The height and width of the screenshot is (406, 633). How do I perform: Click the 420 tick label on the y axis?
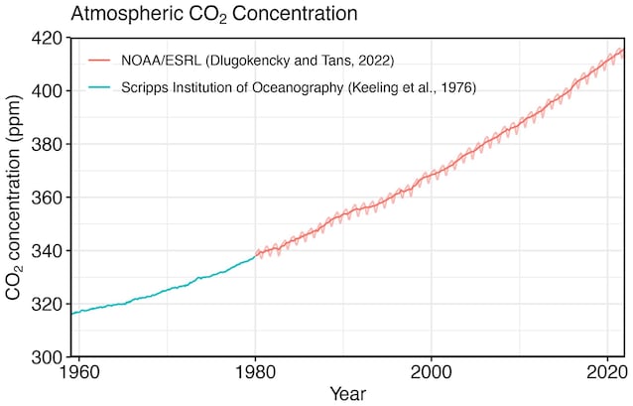[47, 38]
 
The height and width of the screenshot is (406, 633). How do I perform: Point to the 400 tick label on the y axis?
[47, 91]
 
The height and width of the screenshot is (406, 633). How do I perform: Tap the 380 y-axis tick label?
[47, 144]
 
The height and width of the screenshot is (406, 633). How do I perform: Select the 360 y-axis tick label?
[47, 198]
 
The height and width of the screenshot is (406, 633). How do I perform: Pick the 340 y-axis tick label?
[47, 251]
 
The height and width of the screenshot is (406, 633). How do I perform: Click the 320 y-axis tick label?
[47, 304]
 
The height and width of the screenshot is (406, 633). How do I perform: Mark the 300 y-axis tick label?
[47, 357]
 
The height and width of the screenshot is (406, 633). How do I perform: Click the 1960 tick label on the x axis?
[78, 372]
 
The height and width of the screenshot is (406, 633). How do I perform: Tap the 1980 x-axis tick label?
[255, 372]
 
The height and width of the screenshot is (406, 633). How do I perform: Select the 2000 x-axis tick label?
[432, 372]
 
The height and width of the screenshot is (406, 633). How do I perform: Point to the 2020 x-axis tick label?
[607, 372]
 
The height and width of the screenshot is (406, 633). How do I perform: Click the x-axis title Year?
[348, 393]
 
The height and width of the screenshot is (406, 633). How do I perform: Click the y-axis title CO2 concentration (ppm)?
[13, 198]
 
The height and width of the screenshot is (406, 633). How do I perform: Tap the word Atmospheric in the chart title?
[126, 14]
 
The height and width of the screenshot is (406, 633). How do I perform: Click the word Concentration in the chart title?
[295, 13]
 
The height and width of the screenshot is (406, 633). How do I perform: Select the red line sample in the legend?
[99, 61]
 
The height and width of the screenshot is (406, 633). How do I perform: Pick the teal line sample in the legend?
[99, 87]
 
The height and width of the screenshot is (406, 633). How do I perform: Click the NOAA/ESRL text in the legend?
[161, 61]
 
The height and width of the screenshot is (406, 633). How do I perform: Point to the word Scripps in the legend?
[144, 87]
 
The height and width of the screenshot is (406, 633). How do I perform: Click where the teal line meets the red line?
[255, 256]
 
